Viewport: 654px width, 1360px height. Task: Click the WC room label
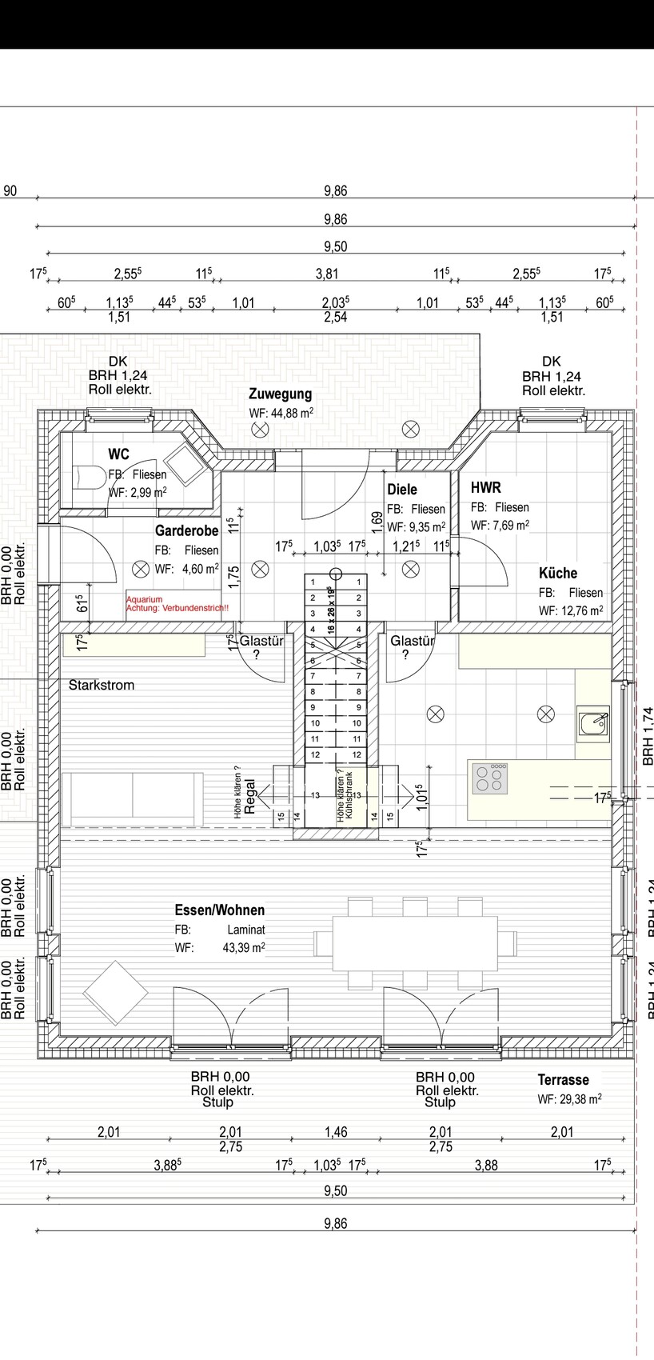tap(118, 454)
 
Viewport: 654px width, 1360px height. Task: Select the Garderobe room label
tap(186, 531)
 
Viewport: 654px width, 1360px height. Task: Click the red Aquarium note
tap(145, 599)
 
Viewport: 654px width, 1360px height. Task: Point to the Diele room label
tap(402, 490)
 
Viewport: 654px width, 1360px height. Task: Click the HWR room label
tap(485, 487)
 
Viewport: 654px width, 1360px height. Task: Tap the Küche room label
tap(558, 573)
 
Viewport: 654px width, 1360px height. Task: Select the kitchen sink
tap(592, 723)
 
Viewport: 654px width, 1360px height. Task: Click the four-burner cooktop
tap(491, 778)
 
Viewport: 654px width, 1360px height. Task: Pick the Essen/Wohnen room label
tap(219, 910)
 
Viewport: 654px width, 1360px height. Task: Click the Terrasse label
tap(563, 1079)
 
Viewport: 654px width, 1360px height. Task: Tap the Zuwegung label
tap(280, 394)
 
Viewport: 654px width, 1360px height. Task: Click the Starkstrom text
tap(102, 685)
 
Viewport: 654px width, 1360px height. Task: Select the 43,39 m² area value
tap(244, 948)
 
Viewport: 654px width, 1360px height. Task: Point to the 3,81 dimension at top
tap(326, 274)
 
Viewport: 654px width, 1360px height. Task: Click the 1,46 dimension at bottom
tap(336, 1132)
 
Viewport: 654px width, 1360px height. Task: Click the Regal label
tap(249, 796)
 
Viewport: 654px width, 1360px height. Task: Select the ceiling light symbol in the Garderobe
tap(141, 570)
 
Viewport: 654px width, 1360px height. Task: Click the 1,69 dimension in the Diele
tap(377, 522)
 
